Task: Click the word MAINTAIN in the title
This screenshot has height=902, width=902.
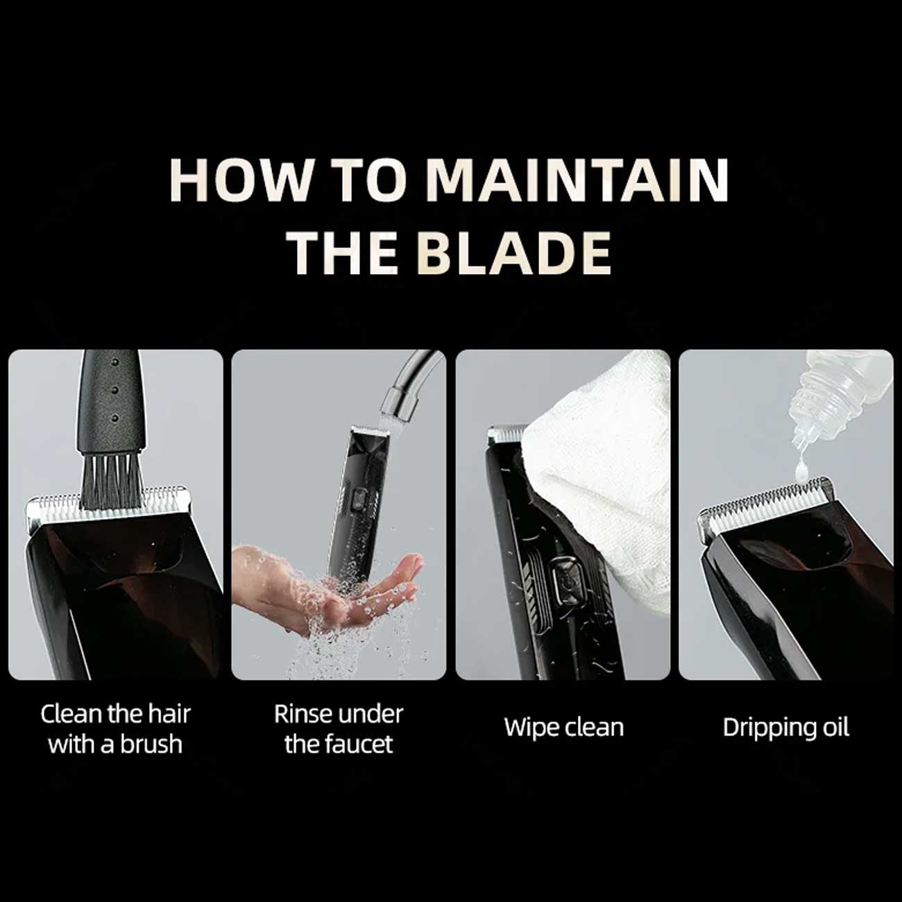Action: pos(578,180)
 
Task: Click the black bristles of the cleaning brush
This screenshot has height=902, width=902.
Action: pos(112,481)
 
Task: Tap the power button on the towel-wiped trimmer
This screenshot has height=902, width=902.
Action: pos(568,577)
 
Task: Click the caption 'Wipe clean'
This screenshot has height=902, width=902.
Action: pos(564,727)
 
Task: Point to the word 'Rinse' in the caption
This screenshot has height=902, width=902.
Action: pos(305,714)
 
